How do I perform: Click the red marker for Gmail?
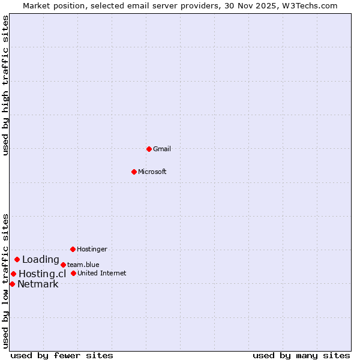[149, 149]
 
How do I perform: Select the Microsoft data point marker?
[134, 172]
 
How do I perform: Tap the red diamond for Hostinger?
[73, 249]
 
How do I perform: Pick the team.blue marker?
[63, 265]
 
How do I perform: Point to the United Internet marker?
[73, 273]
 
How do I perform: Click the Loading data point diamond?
[17, 260]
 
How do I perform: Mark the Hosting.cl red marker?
[13, 274]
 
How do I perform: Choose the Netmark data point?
[12, 284]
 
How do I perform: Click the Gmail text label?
[162, 149]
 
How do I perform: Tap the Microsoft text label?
[152, 172]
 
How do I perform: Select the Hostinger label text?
[92, 249]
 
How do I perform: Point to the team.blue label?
[83, 265]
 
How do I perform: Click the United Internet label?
[101, 273]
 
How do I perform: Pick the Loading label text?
[41, 260]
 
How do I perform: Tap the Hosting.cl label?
[42, 274]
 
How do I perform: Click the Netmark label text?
[38, 284]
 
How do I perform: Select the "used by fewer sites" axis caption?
[62, 355]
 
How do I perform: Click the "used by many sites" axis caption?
[301, 355]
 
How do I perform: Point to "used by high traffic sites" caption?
[6, 86]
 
